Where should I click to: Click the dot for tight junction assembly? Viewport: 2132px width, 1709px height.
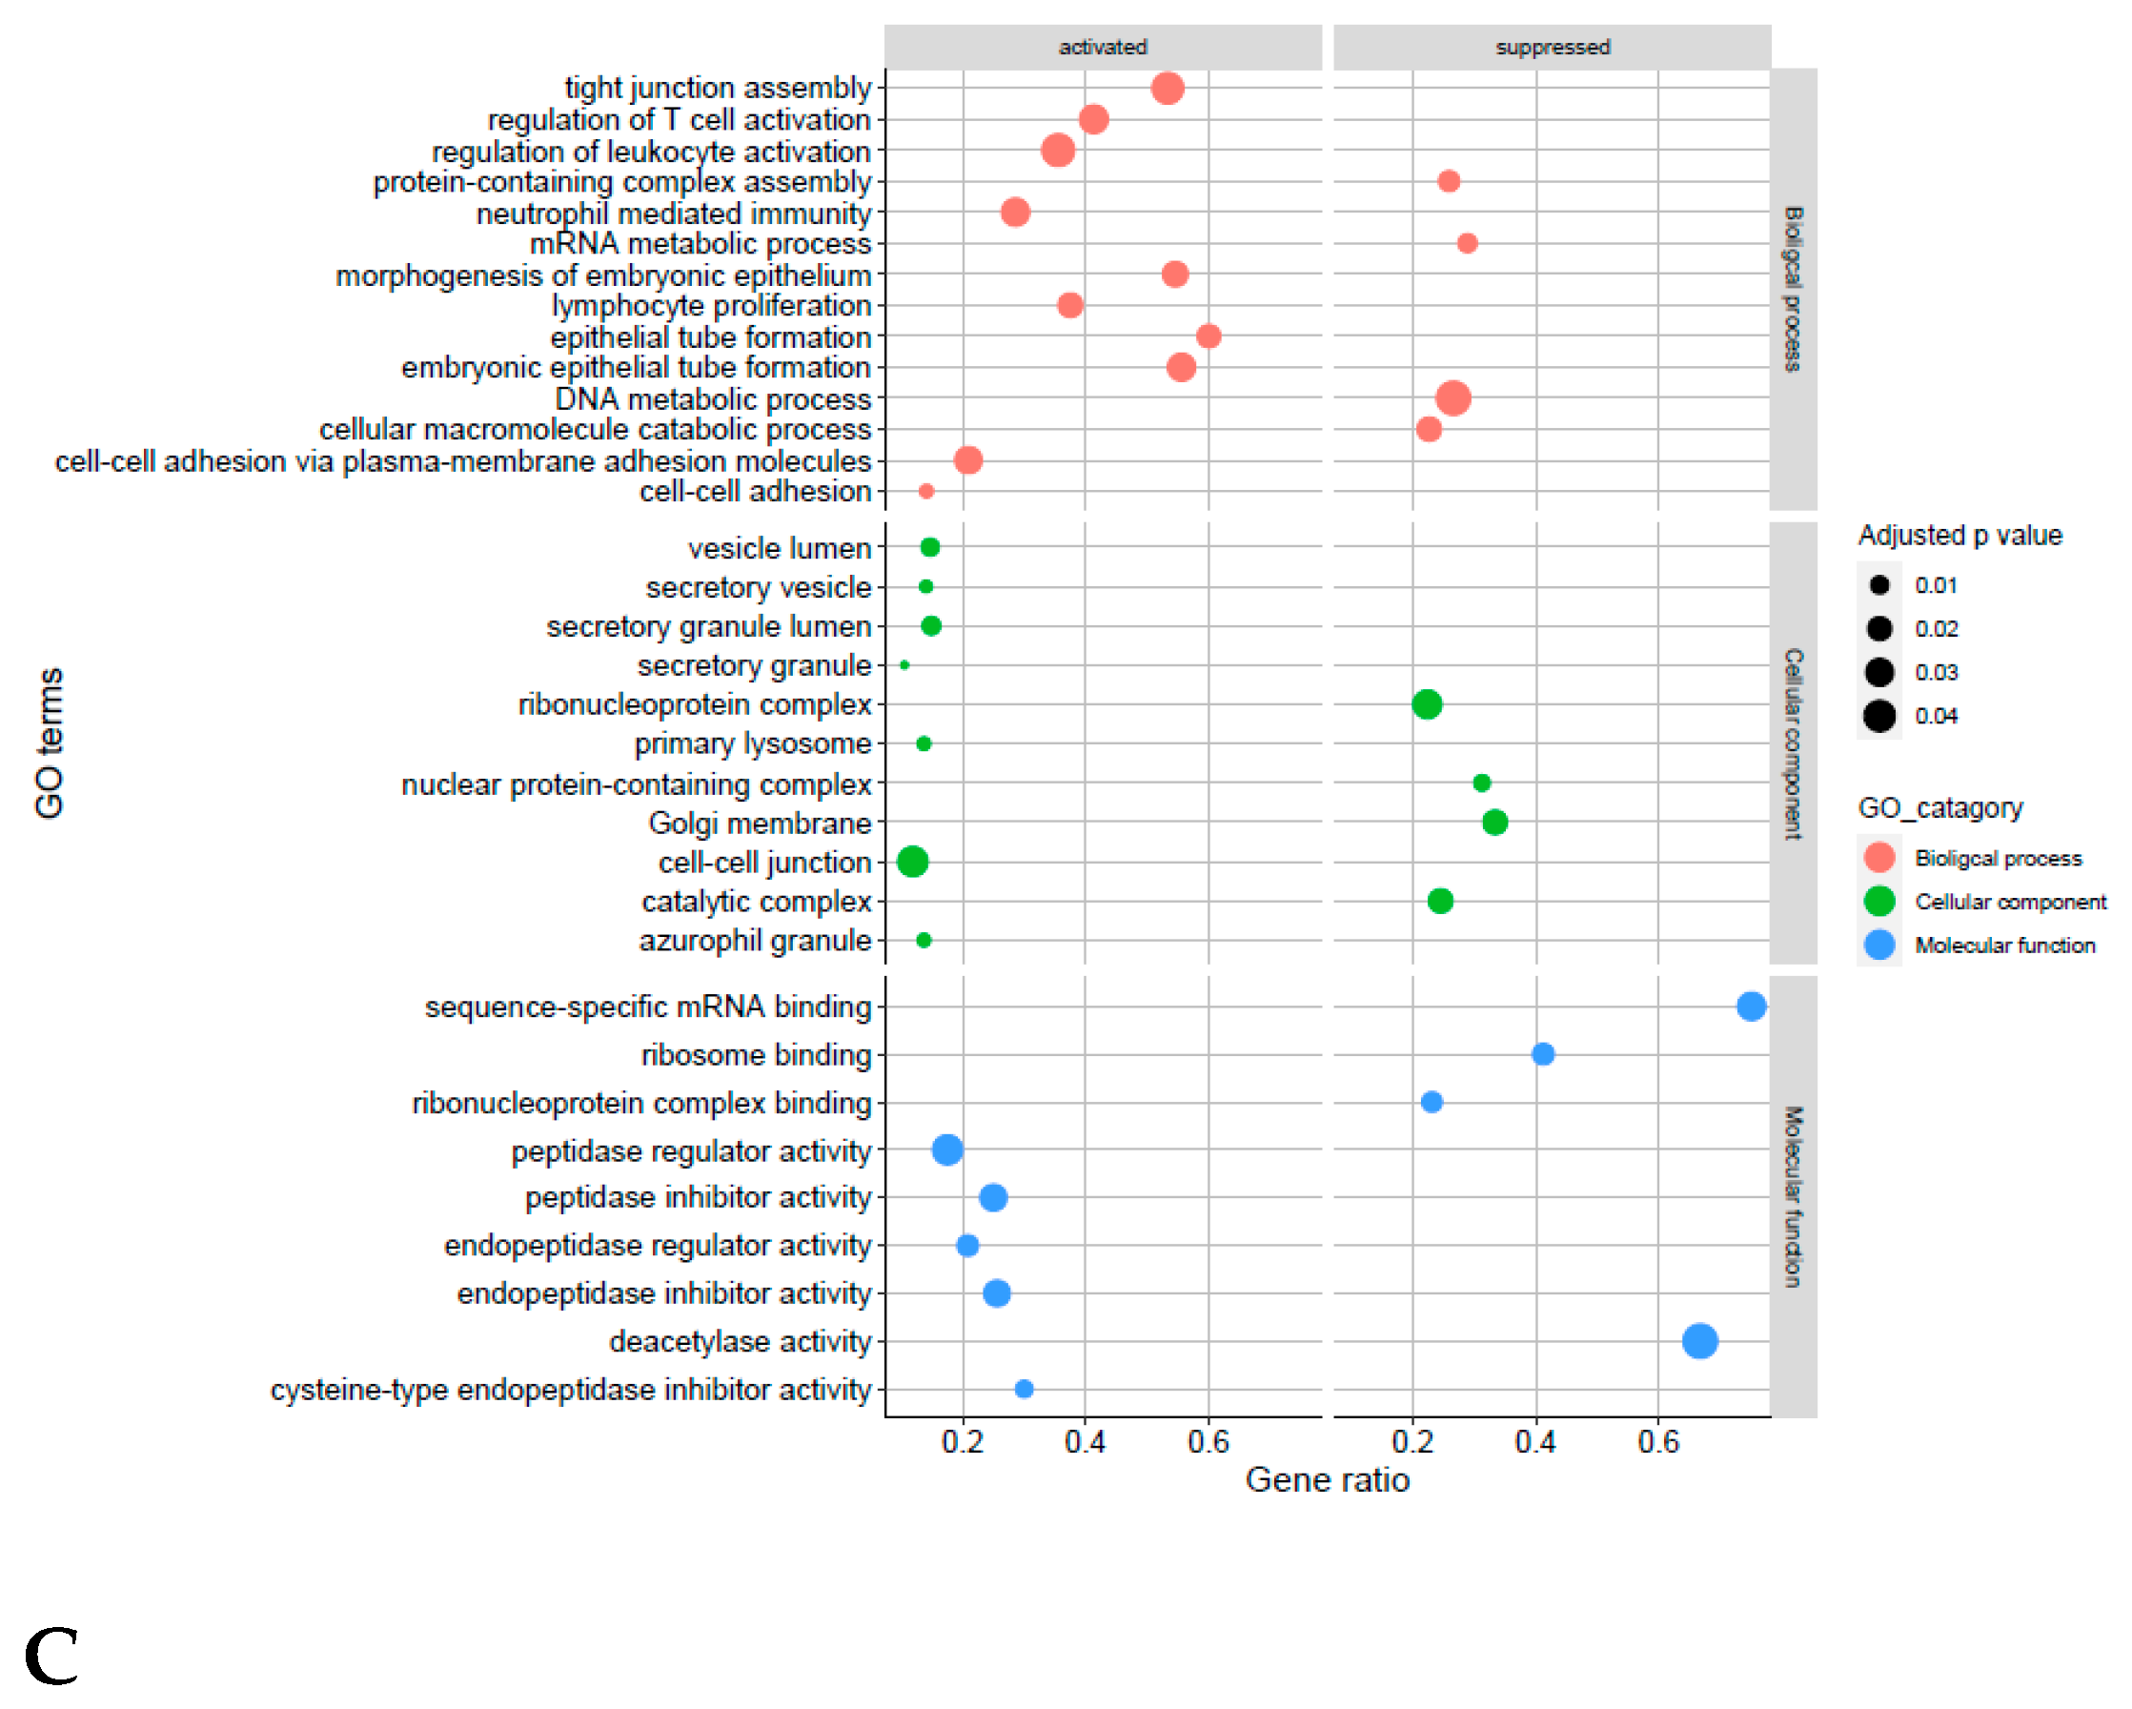click(1167, 88)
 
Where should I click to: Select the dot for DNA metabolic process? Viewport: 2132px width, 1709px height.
click(1452, 398)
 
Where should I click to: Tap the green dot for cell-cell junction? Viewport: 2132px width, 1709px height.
click(912, 862)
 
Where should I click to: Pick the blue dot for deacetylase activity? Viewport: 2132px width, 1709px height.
click(1699, 1341)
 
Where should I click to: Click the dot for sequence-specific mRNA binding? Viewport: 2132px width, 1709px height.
click(1750, 1007)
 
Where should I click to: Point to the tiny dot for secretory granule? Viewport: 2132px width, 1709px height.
click(904, 665)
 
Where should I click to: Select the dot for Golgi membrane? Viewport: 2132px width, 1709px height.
click(1494, 822)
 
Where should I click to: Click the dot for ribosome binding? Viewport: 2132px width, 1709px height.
click(1542, 1054)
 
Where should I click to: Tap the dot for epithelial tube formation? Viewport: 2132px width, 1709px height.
click(1208, 336)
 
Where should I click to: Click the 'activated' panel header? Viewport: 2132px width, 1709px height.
click(1102, 47)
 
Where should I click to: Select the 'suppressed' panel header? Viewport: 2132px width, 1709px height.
click(1552, 47)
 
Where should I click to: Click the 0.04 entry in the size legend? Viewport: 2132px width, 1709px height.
click(1879, 715)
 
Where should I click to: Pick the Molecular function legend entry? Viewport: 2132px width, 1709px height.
click(2003, 946)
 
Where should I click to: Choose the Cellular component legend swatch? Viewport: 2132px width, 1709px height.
click(1878, 901)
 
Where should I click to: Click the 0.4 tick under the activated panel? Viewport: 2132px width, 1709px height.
click(1084, 1442)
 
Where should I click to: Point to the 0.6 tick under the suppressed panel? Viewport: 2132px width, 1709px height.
click(1657, 1442)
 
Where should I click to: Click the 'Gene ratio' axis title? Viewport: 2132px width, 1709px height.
click(1326, 1480)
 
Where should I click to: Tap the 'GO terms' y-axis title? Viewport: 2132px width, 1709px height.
click(50, 743)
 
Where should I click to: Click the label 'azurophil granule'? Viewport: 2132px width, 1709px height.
click(755, 941)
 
